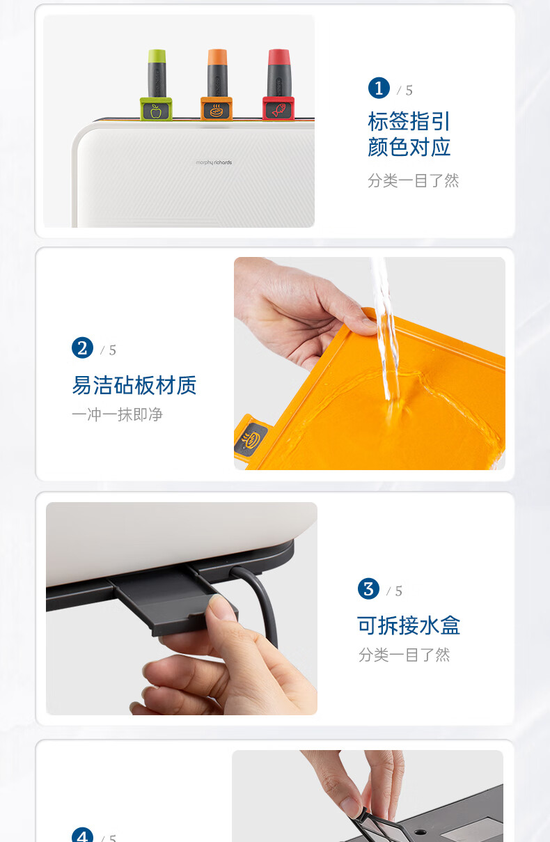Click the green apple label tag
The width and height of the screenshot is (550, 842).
click(x=156, y=109)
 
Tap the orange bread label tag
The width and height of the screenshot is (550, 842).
click(x=216, y=109)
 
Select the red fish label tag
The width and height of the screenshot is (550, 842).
click(x=278, y=109)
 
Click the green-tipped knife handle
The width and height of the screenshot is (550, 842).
click(x=157, y=74)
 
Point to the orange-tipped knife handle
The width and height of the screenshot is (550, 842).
click(x=217, y=73)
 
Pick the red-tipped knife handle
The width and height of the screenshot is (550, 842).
click(x=278, y=73)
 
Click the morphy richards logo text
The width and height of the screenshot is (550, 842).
click(x=214, y=162)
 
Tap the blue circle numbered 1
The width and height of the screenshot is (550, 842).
click(x=379, y=88)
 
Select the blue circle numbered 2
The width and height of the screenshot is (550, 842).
click(x=82, y=348)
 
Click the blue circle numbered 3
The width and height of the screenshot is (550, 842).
click(x=368, y=588)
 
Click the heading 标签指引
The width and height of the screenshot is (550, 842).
click(x=409, y=121)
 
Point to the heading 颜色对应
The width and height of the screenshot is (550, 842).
click(x=409, y=147)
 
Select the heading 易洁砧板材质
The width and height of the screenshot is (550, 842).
click(x=134, y=385)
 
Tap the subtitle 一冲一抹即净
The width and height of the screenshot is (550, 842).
click(x=117, y=414)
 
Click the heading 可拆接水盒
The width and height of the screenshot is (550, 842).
click(x=409, y=626)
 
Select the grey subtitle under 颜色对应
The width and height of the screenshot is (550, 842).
click(x=414, y=180)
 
